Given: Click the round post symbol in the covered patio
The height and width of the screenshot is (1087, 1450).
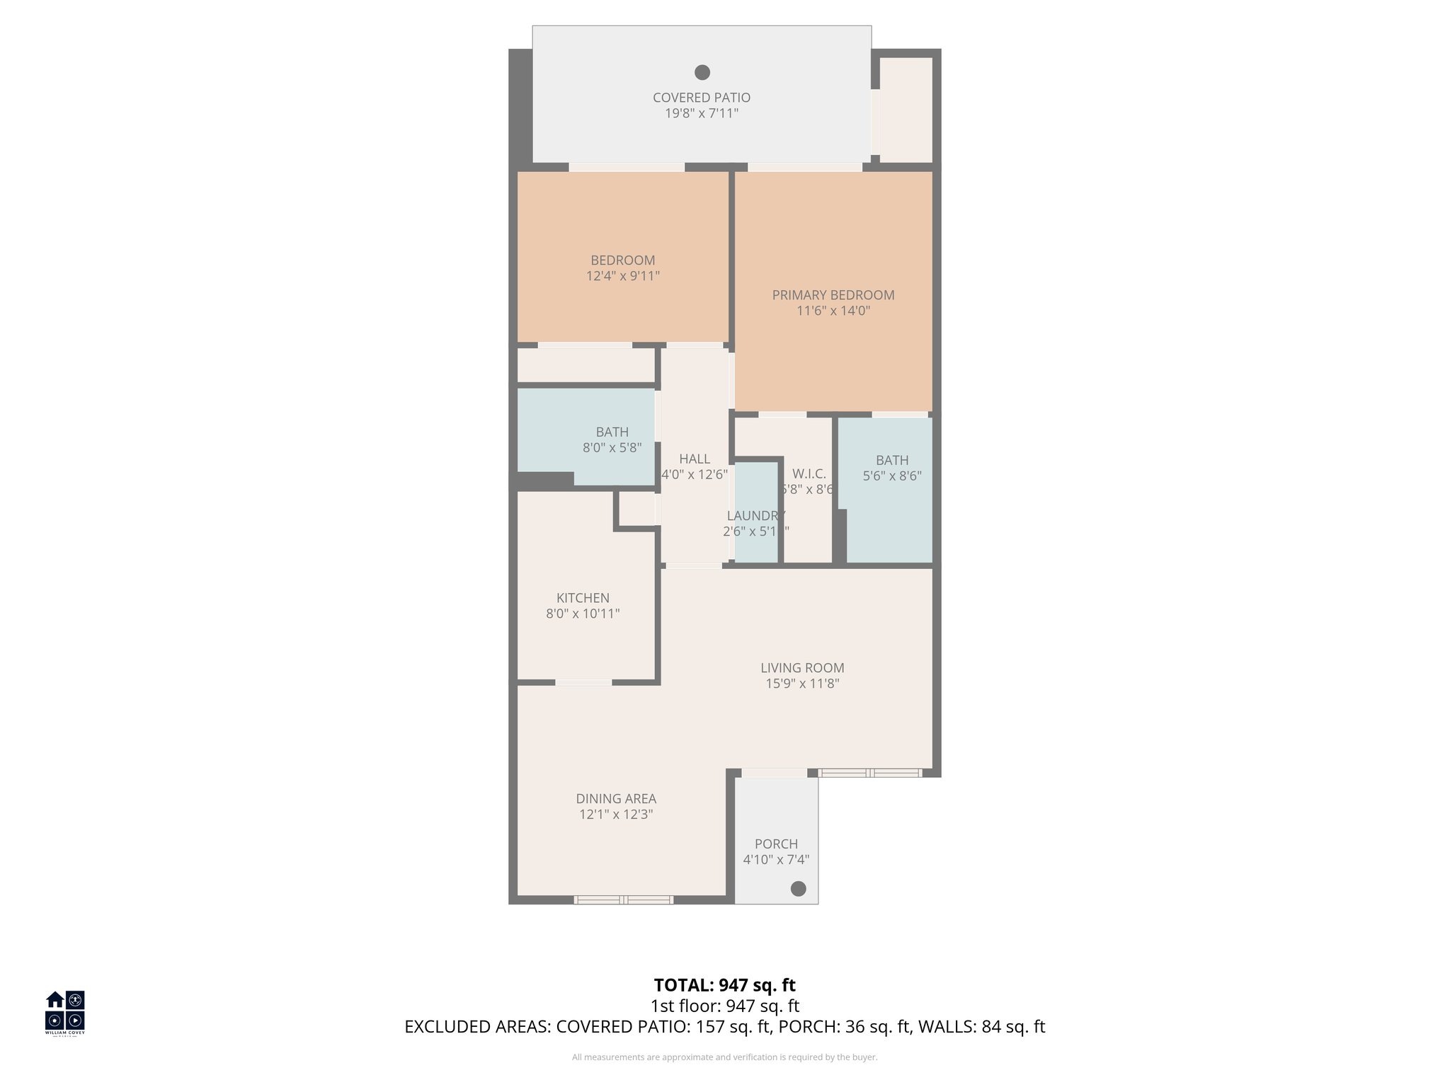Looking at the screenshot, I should pyautogui.click(x=702, y=72).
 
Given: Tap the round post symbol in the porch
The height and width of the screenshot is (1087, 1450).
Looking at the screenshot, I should pyautogui.click(x=798, y=889).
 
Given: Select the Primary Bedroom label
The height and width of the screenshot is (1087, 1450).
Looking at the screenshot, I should pyautogui.click(x=833, y=295).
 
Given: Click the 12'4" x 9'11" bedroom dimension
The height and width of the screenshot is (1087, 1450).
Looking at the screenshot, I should pyautogui.click(x=622, y=276).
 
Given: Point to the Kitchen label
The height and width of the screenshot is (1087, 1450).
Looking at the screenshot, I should pyautogui.click(x=583, y=598).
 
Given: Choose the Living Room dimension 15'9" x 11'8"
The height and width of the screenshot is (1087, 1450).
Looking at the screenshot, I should pyautogui.click(x=802, y=684).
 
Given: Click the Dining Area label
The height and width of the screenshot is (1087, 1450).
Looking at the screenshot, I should pyautogui.click(x=616, y=798).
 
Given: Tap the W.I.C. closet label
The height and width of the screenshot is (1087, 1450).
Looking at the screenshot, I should pyautogui.click(x=809, y=474).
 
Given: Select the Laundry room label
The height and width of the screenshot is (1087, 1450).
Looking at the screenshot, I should pyautogui.click(x=755, y=516).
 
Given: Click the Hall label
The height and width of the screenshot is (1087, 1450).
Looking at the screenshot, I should pyautogui.click(x=695, y=459).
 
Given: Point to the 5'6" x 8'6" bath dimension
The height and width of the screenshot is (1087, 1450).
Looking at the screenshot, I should pyautogui.click(x=891, y=476).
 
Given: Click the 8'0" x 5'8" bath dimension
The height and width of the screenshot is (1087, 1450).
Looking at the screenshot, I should pyautogui.click(x=612, y=448).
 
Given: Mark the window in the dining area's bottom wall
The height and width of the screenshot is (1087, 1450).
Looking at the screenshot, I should pyautogui.click(x=623, y=900).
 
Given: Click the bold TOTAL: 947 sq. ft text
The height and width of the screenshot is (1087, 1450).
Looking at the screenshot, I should pyautogui.click(x=724, y=985).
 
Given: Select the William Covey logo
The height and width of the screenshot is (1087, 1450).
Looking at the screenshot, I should pyautogui.click(x=65, y=1013).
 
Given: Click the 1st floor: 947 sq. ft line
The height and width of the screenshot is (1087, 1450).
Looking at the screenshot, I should pyautogui.click(x=724, y=1006).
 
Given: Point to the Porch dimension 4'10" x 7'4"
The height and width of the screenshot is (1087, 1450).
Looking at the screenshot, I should pyautogui.click(x=776, y=860).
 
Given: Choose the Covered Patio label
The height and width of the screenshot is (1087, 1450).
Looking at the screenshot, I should pyautogui.click(x=701, y=98).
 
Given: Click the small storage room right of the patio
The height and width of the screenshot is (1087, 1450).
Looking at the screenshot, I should pyautogui.click(x=906, y=110).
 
